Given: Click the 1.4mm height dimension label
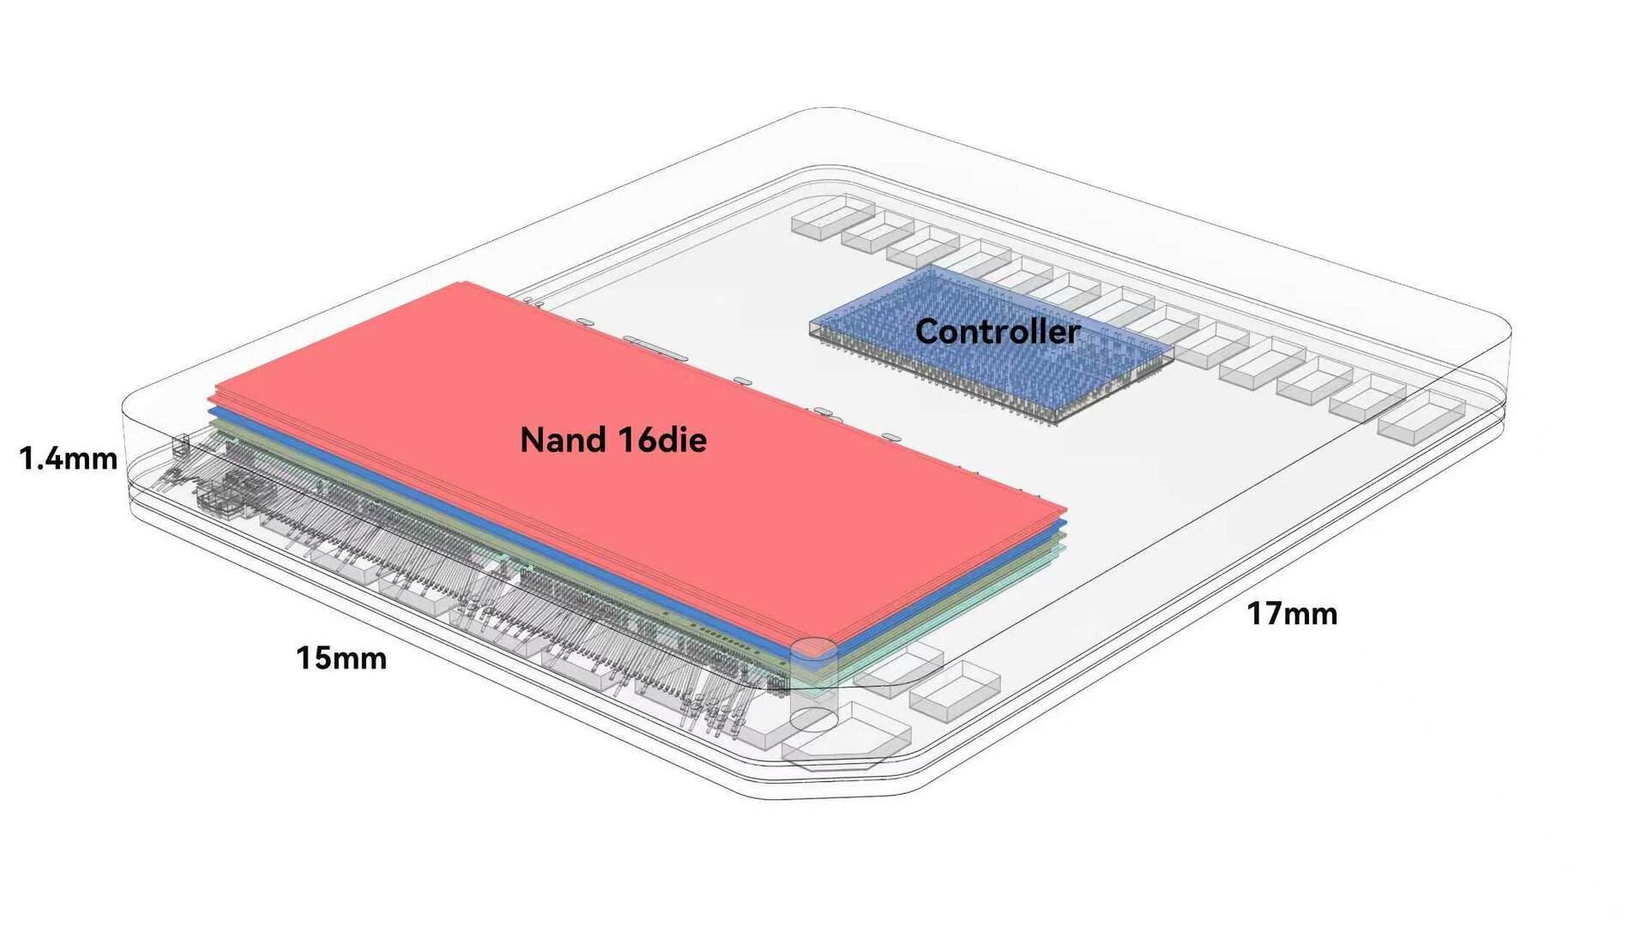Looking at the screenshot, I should pos(69,459).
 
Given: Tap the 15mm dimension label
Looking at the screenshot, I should pos(341,658).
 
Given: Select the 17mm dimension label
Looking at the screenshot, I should pos(1292,614).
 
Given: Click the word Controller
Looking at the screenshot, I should pos(998,332).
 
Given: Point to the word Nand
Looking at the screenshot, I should pos(563,440).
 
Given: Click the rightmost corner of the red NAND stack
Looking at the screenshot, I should pos(1065,509).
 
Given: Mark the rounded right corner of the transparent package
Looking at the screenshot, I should pos(1497,330).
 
